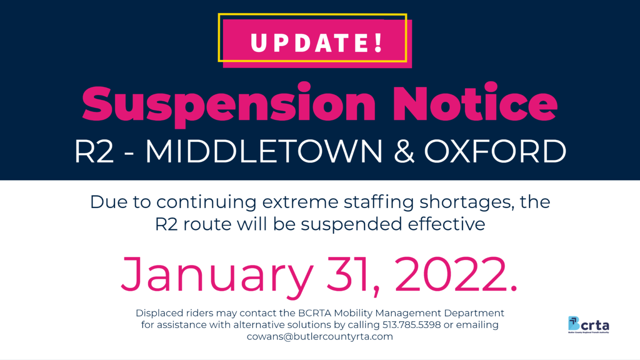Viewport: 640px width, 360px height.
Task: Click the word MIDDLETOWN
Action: point(264,151)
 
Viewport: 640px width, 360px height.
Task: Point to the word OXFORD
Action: point(495,151)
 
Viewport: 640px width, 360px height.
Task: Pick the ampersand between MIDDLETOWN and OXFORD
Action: point(404,151)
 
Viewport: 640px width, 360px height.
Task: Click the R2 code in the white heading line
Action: point(94,151)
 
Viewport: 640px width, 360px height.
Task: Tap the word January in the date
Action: point(217,275)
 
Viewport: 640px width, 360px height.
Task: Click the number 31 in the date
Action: point(347,275)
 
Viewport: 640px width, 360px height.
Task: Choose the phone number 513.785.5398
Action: point(412,325)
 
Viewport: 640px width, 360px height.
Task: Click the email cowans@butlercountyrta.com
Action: point(320,337)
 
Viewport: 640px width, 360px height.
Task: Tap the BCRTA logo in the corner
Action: point(588,325)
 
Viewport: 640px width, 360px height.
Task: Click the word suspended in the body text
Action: point(351,225)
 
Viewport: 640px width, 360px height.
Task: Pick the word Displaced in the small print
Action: point(160,313)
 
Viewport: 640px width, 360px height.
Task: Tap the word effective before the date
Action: point(446,225)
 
